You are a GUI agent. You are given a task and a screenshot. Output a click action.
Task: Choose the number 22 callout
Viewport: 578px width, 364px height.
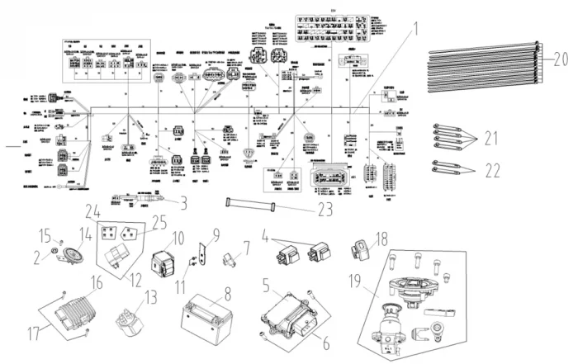tap(494, 171)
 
